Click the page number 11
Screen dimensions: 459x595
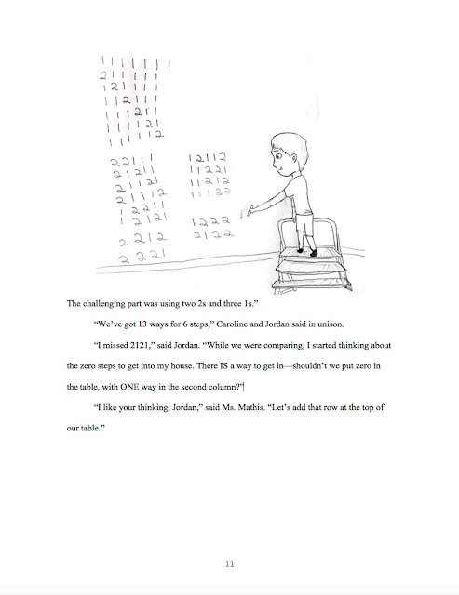pyautogui.click(x=229, y=562)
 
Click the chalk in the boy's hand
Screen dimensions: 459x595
pyautogui.click(x=247, y=213)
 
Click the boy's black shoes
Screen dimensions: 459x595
pyautogui.click(x=311, y=251)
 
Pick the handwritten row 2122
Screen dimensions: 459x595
pyautogui.click(x=205, y=238)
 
